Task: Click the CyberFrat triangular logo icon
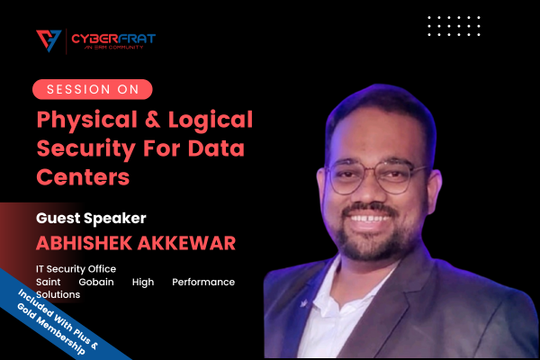point(49,40)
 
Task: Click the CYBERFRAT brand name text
point(113,38)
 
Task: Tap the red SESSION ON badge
point(93,89)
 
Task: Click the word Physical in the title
point(87,121)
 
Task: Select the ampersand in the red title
point(153,119)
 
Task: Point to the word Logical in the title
point(211,121)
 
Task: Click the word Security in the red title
point(86,149)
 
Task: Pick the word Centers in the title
point(83,177)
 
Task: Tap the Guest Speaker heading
point(91,219)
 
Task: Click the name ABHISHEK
point(84,243)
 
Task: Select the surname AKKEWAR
point(186,243)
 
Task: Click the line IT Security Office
point(76,269)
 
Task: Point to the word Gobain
point(96,282)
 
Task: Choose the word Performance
point(203,282)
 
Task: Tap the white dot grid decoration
point(454,26)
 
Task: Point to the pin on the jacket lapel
point(304,303)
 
